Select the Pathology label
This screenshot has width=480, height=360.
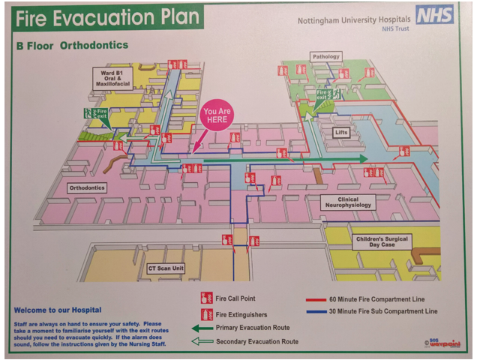[326, 56]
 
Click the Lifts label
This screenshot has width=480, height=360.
[341, 133]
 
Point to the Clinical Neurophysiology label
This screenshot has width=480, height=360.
[347, 202]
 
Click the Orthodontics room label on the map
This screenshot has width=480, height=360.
[87, 187]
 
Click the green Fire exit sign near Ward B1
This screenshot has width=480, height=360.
[96, 115]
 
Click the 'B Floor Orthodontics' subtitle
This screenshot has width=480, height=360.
[72, 46]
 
